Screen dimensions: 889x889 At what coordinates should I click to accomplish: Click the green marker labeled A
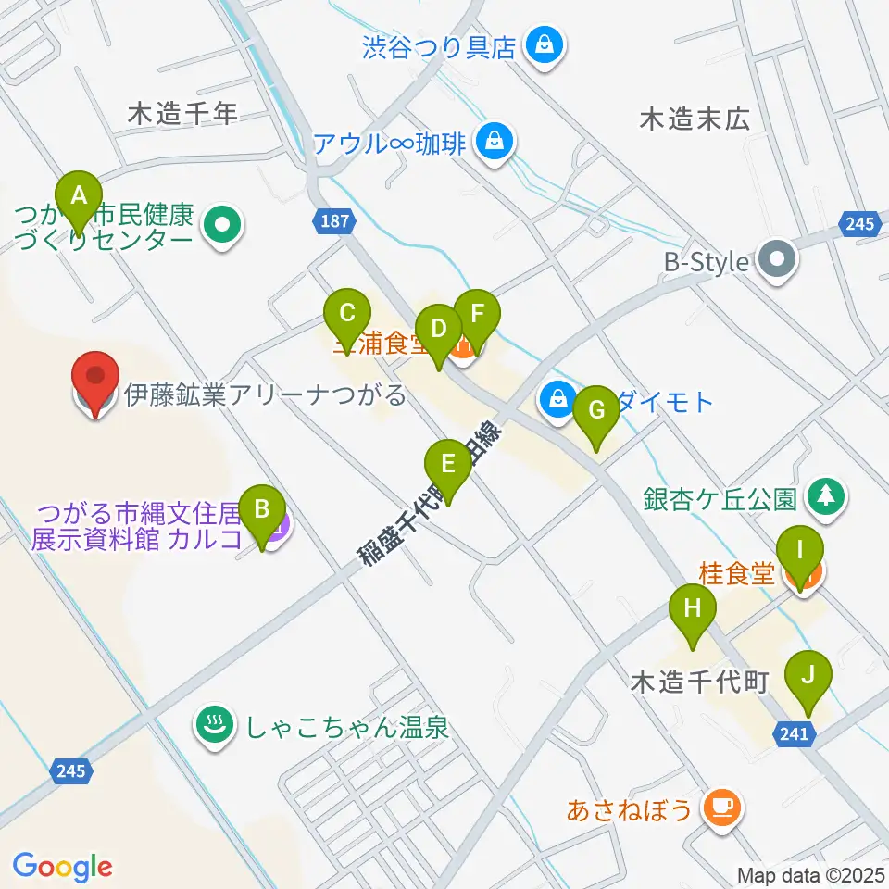[x=79, y=197]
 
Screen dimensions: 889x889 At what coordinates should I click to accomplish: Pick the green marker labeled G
[x=596, y=409]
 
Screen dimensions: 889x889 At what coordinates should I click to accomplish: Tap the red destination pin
[x=96, y=380]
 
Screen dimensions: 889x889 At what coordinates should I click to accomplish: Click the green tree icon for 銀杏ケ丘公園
[x=826, y=497]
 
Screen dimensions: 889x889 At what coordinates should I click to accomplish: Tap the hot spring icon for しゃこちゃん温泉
[x=216, y=725]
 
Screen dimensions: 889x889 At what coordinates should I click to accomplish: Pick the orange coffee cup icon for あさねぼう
[x=720, y=808]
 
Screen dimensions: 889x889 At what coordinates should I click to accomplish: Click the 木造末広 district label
[x=695, y=119]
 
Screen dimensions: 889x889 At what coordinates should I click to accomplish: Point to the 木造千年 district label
[x=183, y=114]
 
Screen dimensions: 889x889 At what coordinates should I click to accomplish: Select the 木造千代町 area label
[x=700, y=682]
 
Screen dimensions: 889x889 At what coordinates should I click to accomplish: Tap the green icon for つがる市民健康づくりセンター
[x=222, y=225]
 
